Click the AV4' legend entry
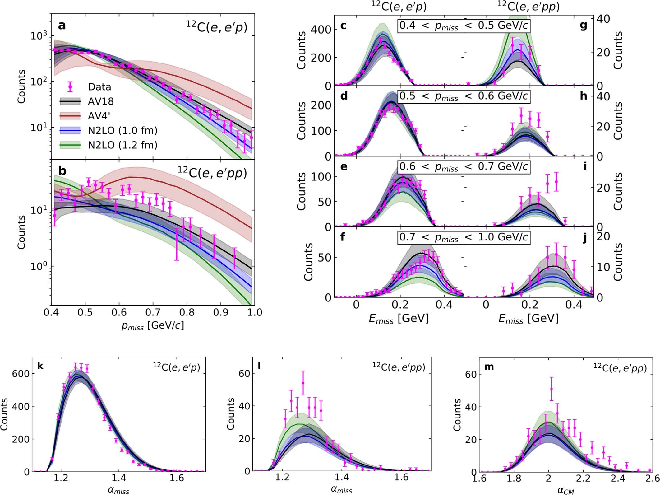[x=99, y=116]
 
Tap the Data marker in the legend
[x=70, y=87]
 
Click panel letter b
[x=62, y=171]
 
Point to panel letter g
[x=583, y=25]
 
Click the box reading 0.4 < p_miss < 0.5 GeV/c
[x=464, y=26]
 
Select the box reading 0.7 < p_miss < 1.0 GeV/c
[x=464, y=238]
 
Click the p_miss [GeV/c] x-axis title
[x=152, y=325]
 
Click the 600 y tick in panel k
[x=21, y=374]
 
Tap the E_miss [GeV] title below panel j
[x=528, y=318]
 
